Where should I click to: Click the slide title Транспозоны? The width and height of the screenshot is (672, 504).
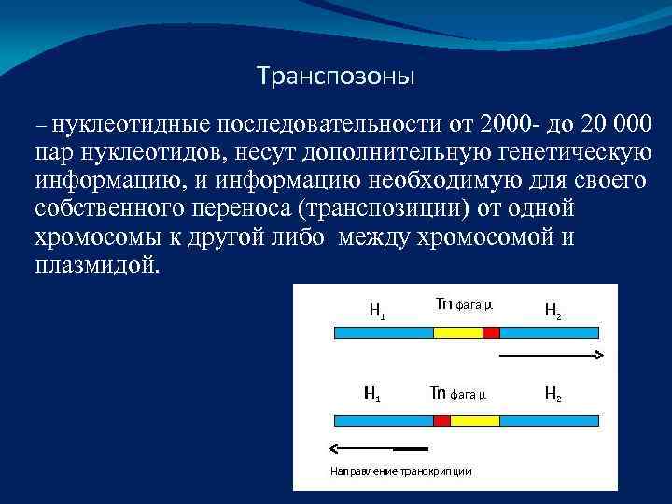pyautogui.click(x=335, y=75)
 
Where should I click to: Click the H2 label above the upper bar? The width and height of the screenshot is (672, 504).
pyautogui.click(x=553, y=311)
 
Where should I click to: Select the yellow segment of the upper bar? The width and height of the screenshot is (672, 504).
pyautogui.click(x=457, y=331)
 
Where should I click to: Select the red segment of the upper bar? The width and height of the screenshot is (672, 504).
pyautogui.click(x=491, y=331)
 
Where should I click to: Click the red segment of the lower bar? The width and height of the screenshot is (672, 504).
pyautogui.click(x=441, y=421)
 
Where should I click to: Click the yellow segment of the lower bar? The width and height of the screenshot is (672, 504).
pyautogui.click(x=469, y=421)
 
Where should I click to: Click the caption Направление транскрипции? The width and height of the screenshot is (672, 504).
pyautogui.click(x=401, y=471)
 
